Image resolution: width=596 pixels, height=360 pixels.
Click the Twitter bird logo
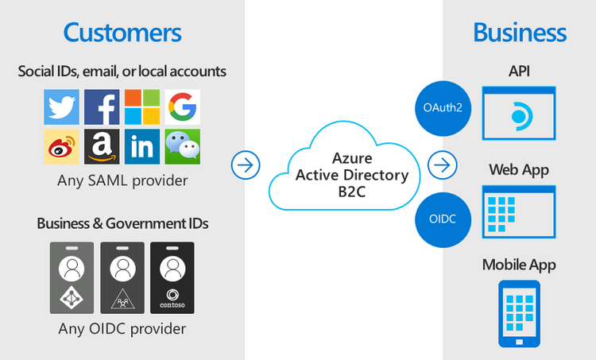click(61, 106)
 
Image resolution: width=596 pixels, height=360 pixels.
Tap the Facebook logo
click(102, 106)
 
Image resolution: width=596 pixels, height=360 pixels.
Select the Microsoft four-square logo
click(142, 106)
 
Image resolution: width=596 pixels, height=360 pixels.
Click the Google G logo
click(183, 106)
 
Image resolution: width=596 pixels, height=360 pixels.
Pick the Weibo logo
click(61, 147)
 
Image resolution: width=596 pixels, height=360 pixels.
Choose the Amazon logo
click(102, 147)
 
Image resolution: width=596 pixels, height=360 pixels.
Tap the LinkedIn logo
click(142, 147)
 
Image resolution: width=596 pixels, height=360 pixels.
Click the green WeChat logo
click(183, 147)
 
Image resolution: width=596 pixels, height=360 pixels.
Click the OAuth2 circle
click(436, 108)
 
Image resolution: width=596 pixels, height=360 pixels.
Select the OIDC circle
click(436, 217)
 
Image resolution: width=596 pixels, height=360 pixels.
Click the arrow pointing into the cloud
click(246, 165)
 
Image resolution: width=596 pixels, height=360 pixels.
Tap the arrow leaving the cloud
click(442, 165)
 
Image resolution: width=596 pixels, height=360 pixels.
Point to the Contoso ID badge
click(172, 277)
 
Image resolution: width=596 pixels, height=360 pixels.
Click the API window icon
click(520, 114)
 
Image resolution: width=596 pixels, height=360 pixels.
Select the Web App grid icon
click(520, 212)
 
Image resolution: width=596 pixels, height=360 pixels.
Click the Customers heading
click(122, 33)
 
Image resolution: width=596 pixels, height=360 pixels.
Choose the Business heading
click(520, 33)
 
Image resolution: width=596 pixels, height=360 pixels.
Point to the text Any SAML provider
click(122, 180)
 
